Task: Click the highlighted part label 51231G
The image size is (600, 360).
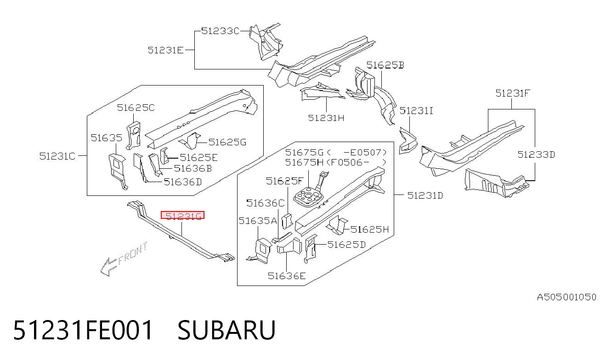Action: pyautogui.click(x=183, y=215)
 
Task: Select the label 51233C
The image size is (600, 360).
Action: pyautogui.click(x=220, y=31)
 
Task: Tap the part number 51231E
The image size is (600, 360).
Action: pyautogui.click(x=166, y=50)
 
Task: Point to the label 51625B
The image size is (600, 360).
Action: pyautogui.click(x=385, y=65)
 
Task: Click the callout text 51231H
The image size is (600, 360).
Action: pyautogui.click(x=326, y=118)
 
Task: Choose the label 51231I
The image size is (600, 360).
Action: pyautogui.click(x=416, y=111)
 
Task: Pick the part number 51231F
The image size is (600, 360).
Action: pyautogui.click(x=513, y=93)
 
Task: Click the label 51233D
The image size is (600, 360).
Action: pyautogui.click(x=536, y=154)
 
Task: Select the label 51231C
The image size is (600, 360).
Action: pyautogui.click(x=57, y=156)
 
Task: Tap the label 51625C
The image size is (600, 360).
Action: pyautogui.click(x=136, y=108)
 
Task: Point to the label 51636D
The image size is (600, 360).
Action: pyautogui.click(x=183, y=182)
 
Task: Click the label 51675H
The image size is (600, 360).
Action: pyautogui.click(x=304, y=162)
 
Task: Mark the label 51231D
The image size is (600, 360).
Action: pyautogui.click(x=425, y=195)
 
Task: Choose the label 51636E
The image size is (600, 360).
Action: pyautogui.click(x=287, y=276)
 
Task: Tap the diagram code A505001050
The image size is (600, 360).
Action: pyautogui.click(x=567, y=297)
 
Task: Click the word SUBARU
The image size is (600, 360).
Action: pyautogui.click(x=226, y=330)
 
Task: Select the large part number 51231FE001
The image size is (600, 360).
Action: pyautogui.click(x=83, y=330)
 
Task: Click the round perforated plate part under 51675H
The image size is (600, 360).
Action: pyautogui.click(x=308, y=197)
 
